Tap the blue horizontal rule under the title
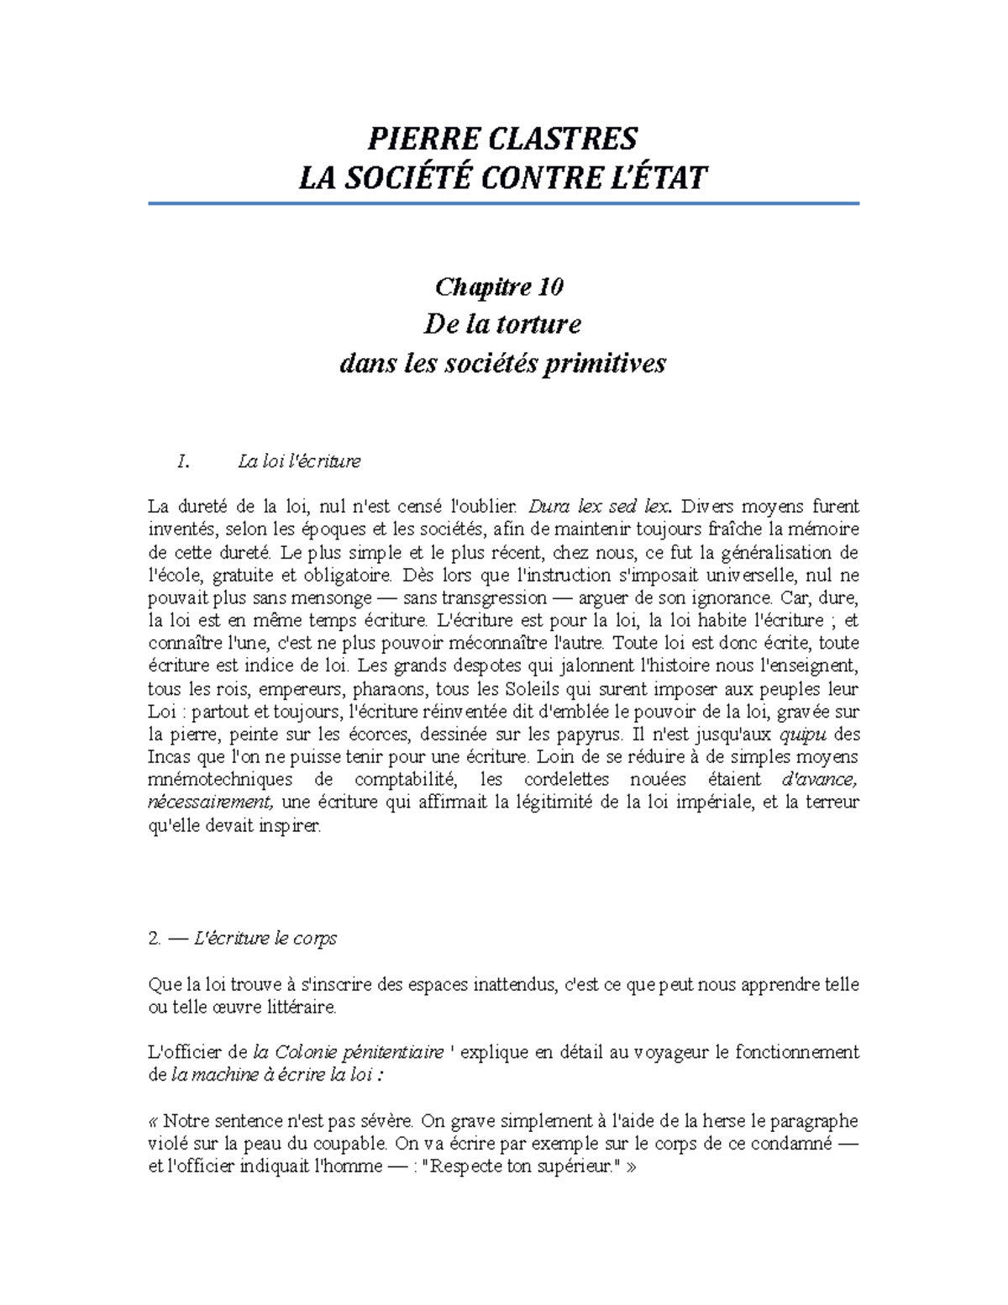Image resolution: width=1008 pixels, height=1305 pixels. (x=503, y=203)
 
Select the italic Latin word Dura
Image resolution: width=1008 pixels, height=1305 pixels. (x=549, y=507)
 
